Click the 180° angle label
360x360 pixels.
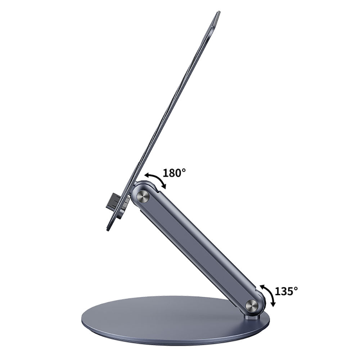(x=174, y=173)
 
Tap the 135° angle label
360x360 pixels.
(x=286, y=291)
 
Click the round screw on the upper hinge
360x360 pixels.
(x=143, y=196)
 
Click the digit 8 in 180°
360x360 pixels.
(x=173, y=173)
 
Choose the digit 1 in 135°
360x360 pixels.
(x=278, y=291)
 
